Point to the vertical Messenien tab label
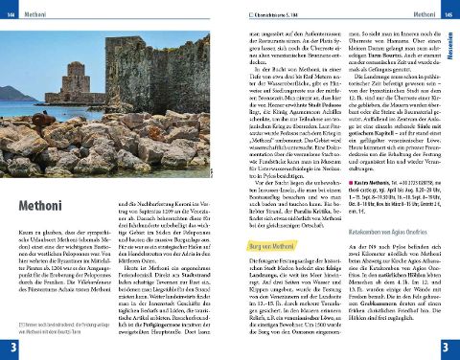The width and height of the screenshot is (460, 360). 453,42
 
